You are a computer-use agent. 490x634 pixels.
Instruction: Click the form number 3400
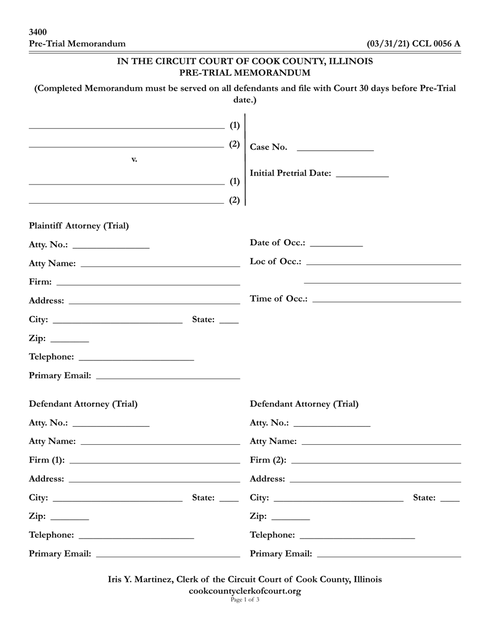click(x=38, y=32)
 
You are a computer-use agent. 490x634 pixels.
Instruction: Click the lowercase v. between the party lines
click(x=134, y=159)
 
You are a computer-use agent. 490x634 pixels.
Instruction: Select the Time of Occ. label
click(x=279, y=298)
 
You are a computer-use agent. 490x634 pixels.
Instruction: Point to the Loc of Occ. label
click(x=275, y=261)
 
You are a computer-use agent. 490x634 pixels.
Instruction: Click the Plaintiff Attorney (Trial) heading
click(x=79, y=226)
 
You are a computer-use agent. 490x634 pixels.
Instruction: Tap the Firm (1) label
click(x=47, y=460)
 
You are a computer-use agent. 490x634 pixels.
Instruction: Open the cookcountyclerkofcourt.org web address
click(x=245, y=591)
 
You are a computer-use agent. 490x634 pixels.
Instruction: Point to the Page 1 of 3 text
click(x=245, y=600)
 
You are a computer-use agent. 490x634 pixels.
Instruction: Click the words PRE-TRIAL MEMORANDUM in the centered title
click(x=245, y=73)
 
